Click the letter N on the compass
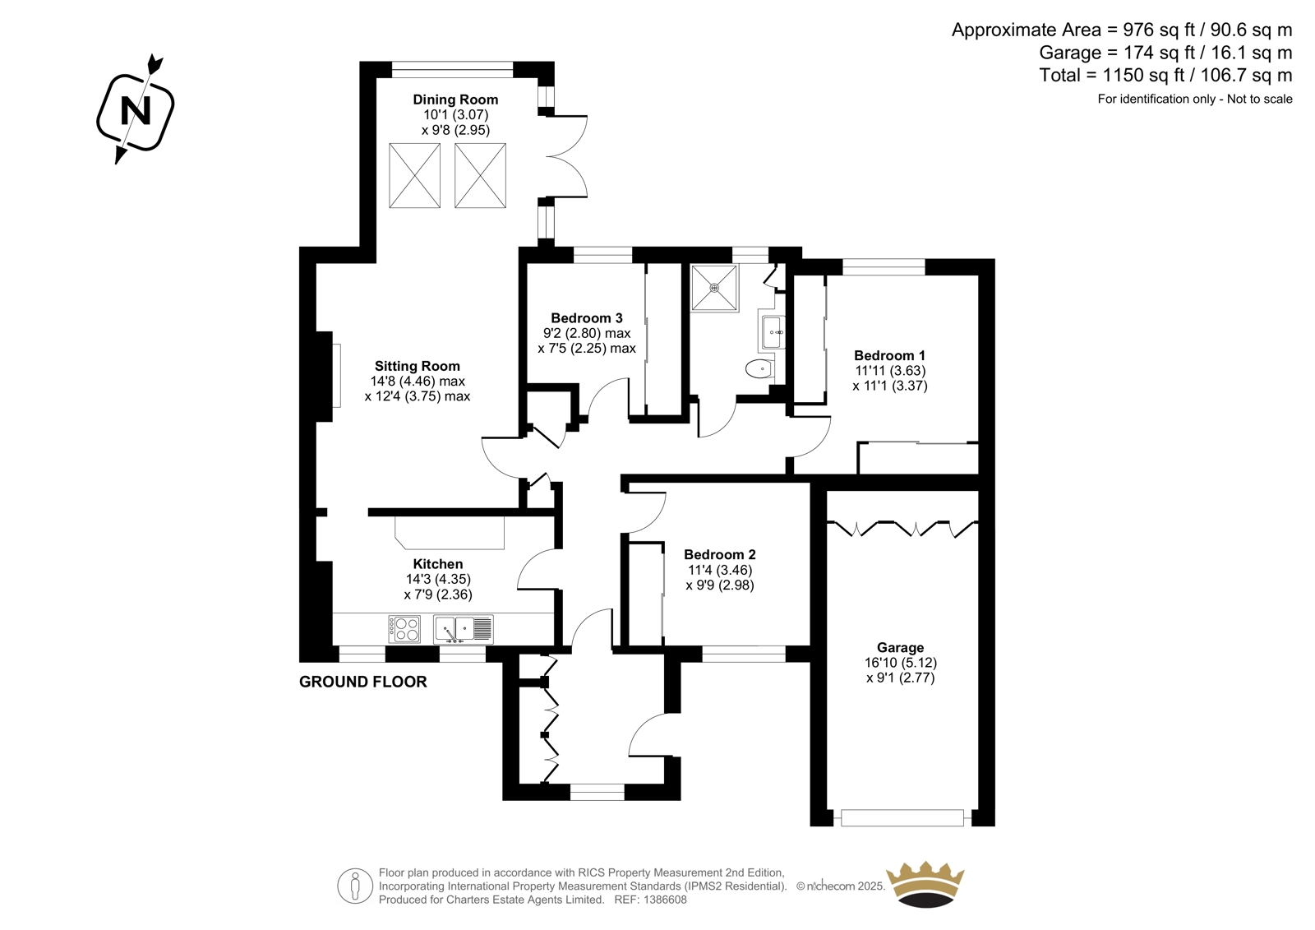136,110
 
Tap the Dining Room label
455,99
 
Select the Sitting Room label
418,367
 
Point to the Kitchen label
438,564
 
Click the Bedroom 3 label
587,318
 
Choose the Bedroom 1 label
889,355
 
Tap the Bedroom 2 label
720,554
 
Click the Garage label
901,647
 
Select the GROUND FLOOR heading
362,682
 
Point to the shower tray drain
714,288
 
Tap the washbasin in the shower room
773,332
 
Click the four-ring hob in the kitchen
404,629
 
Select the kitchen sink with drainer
464,629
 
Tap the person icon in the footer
355,886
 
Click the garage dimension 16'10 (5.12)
901,663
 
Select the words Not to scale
1260,99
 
